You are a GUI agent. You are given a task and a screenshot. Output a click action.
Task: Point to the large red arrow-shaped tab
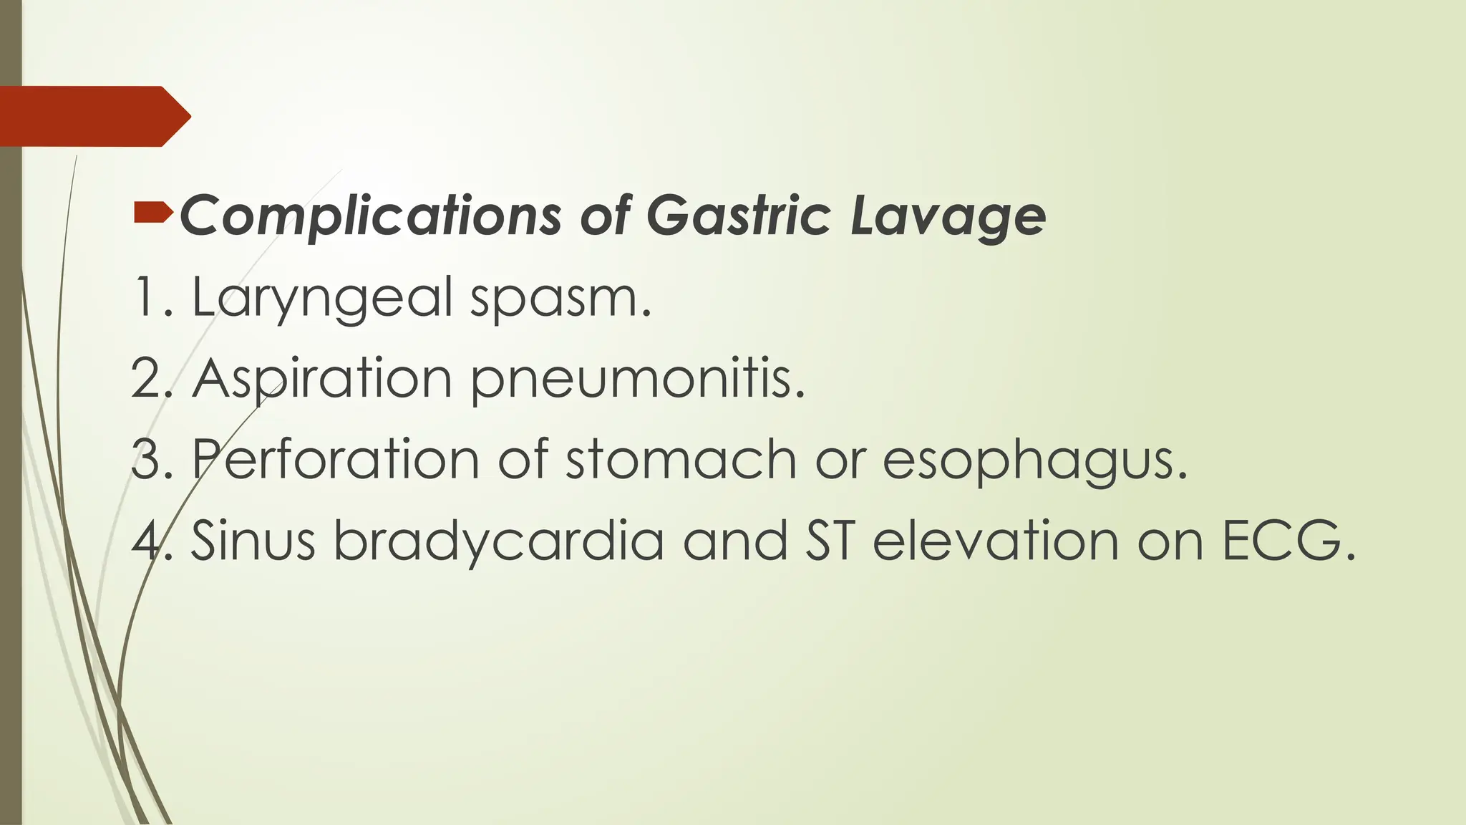pyautogui.click(x=93, y=116)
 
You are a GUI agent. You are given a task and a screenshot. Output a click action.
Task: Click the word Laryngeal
pyautogui.click(x=322, y=297)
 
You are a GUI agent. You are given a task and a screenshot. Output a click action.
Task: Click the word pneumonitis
pyautogui.click(x=637, y=380)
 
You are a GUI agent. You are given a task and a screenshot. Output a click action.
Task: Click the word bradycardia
pyautogui.click(x=499, y=541)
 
